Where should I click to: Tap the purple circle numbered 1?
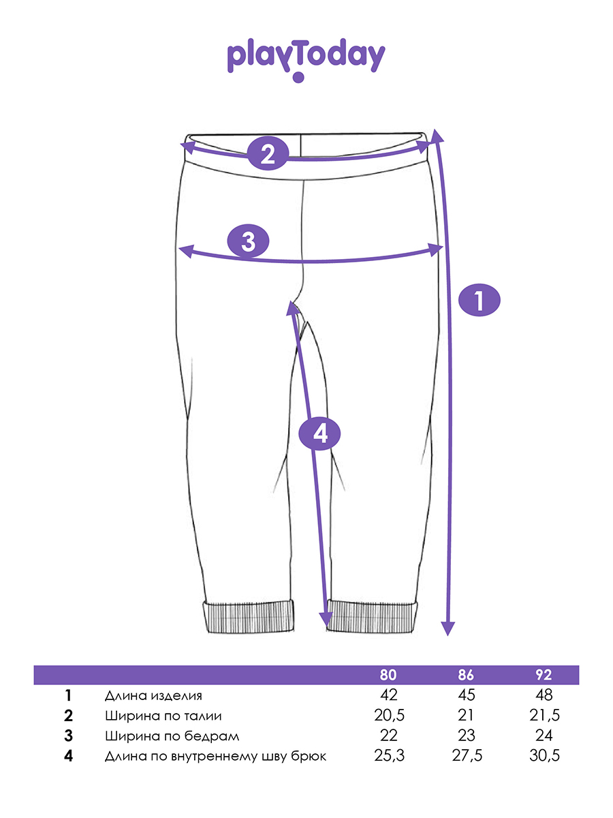pos(479,301)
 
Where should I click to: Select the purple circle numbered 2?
pos(268,154)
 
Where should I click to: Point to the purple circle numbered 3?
pos(248,241)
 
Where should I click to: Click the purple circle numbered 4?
pos(319,434)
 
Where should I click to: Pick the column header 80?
pos(388,675)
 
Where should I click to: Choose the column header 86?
pos(466,675)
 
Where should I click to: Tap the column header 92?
pos(544,675)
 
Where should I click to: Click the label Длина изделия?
pos(153,696)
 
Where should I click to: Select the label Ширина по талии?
pos(163,716)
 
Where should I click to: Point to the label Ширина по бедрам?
pos(172,736)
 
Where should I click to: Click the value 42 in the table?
pos(389,695)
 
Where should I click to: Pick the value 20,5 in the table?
pos(390,715)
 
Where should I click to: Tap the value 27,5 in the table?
pos(467,756)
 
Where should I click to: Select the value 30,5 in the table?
pos(544,756)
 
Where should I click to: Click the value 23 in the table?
pos(467,736)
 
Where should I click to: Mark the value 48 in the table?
pos(544,695)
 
